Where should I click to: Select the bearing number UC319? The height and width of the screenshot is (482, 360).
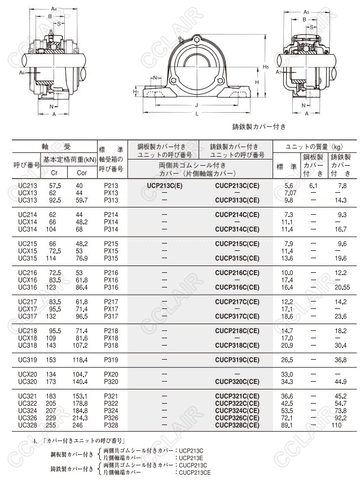click(x=28, y=360)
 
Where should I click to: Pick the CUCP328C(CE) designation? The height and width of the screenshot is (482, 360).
click(x=238, y=426)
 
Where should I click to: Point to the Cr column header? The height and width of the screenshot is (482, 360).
click(x=54, y=173)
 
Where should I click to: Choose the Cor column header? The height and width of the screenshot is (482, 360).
click(x=82, y=173)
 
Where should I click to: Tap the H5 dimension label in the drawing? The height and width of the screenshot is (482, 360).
click(x=266, y=67)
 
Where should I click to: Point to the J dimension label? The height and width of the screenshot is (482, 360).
click(x=196, y=105)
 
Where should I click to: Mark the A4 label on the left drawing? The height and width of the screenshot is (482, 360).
click(x=54, y=9)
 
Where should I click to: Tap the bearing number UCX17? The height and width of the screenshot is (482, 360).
click(x=28, y=309)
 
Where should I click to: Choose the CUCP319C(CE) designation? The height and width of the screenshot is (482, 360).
click(x=238, y=360)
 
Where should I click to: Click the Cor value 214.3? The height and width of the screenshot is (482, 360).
click(x=82, y=418)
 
